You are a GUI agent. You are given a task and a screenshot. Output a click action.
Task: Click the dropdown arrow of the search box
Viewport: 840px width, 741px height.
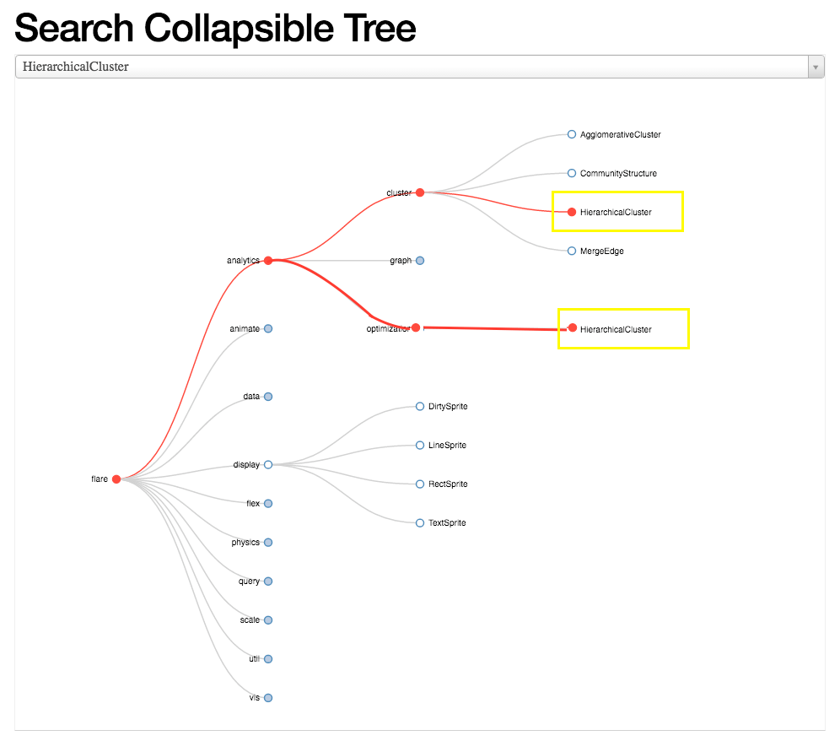point(816,67)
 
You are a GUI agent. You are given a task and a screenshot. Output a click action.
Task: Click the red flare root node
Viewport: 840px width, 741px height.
point(116,479)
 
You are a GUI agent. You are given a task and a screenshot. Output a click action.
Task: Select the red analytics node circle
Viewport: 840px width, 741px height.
point(268,261)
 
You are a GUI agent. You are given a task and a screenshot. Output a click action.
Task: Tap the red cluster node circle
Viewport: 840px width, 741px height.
point(420,192)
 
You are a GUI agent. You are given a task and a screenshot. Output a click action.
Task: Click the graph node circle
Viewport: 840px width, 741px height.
point(420,261)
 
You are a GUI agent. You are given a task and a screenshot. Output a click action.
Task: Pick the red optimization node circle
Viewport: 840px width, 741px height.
point(416,327)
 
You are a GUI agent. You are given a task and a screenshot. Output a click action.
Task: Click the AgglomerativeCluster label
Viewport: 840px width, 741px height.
point(620,135)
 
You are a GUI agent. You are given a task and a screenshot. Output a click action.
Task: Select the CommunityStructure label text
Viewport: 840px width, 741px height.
point(618,174)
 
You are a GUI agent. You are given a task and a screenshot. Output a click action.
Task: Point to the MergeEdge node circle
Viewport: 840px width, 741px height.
point(572,251)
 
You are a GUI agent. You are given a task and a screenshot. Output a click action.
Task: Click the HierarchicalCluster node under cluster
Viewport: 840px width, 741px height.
point(572,212)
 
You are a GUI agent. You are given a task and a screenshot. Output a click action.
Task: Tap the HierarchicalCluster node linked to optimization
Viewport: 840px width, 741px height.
point(573,328)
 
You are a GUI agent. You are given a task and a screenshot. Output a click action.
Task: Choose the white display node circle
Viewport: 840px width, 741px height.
point(268,465)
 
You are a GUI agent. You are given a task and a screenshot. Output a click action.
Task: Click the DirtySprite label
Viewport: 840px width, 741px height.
point(448,407)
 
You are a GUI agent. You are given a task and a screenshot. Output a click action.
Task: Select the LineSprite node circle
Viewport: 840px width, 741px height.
point(420,445)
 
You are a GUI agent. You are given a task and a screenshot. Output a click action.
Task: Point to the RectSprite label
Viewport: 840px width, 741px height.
point(448,484)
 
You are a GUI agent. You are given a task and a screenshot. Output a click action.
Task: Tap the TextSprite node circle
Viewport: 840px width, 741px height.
point(420,523)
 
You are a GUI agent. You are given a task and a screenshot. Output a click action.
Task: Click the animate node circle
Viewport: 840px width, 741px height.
point(268,329)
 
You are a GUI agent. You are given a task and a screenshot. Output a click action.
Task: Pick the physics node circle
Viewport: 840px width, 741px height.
point(268,543)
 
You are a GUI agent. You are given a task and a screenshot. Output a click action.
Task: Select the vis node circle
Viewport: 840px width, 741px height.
point(268,698)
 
